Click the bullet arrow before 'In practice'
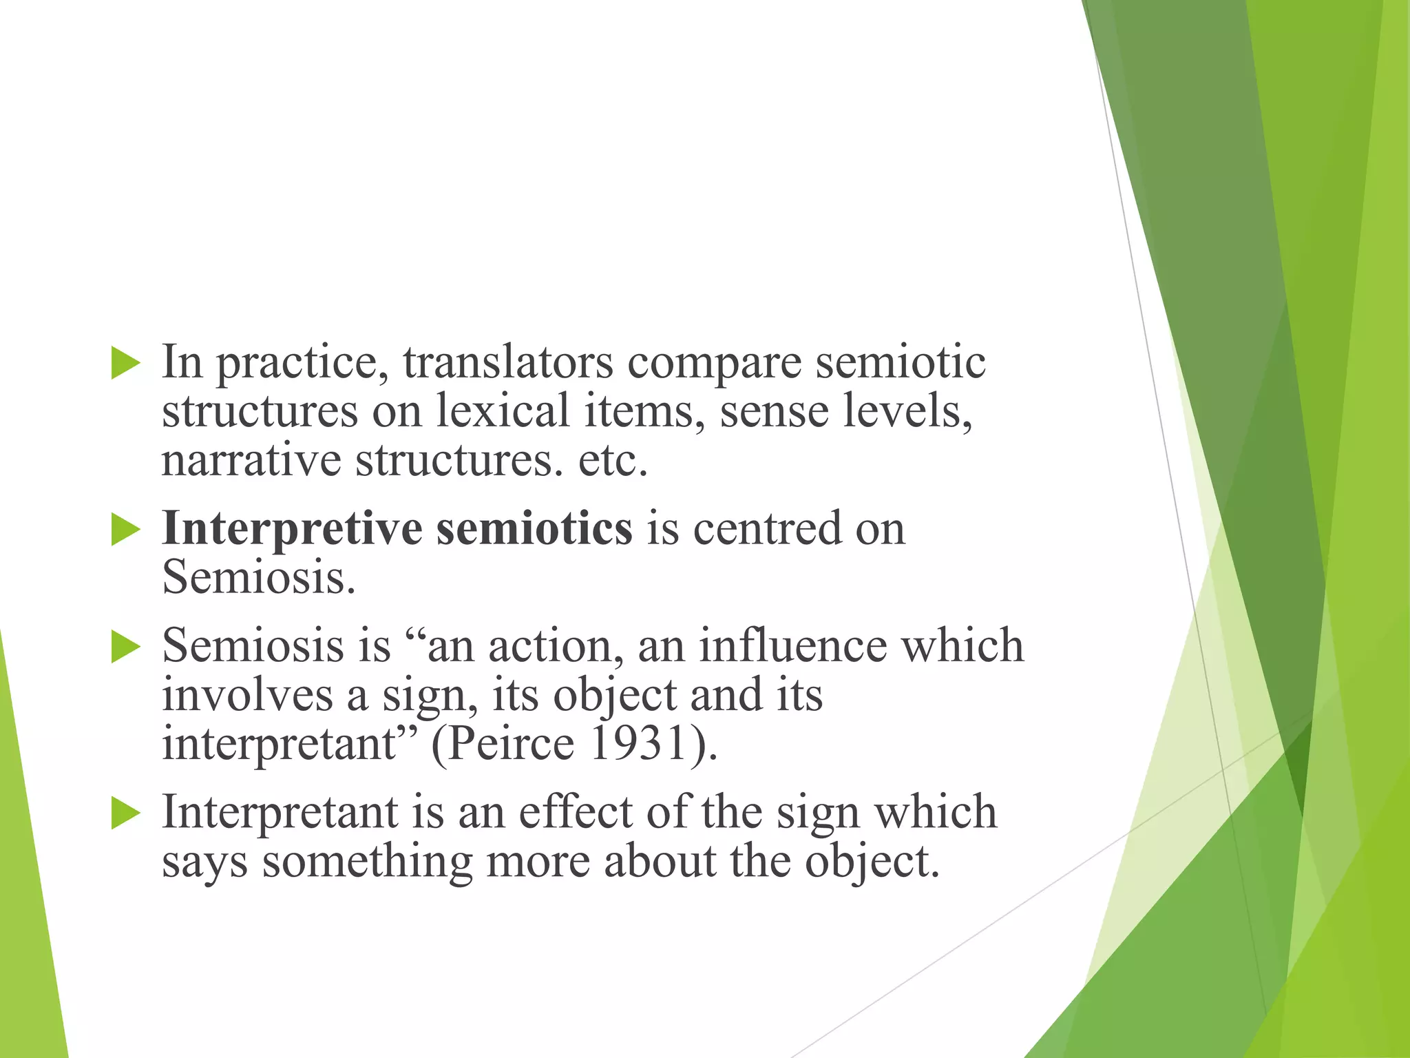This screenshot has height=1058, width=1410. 125,363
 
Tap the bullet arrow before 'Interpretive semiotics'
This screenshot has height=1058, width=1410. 125,530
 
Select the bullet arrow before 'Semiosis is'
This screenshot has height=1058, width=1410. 125,647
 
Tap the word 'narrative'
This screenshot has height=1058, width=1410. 251,460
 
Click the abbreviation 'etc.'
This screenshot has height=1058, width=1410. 613,460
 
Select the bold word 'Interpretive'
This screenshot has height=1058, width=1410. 292,529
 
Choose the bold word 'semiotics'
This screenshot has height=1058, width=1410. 534,529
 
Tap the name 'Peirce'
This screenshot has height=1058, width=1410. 512,744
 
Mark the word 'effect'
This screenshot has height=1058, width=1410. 575,813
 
